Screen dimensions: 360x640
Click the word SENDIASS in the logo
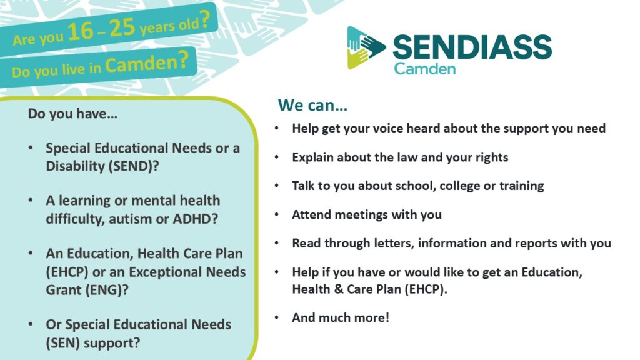[472, 47]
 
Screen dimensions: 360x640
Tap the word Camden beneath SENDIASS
[424, 68]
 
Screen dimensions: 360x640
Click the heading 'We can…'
[312, 105]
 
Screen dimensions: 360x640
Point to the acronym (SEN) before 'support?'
[65, 342]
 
